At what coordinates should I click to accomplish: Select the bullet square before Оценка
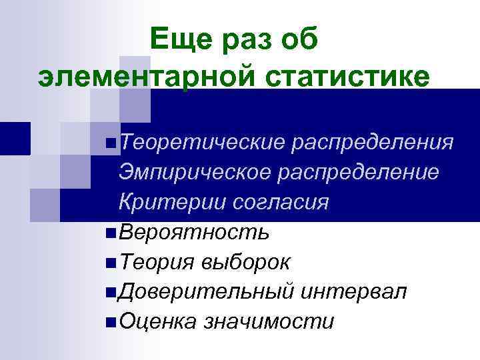point(111,322)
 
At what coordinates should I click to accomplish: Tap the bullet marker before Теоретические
point(111,143)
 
